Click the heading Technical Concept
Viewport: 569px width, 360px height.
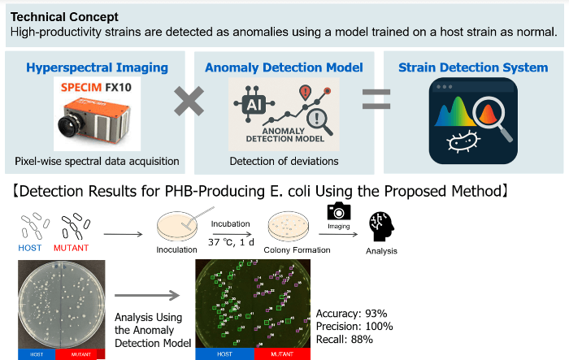click(x=64, y=16)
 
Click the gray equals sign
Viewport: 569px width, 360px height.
click(x=376, y=102)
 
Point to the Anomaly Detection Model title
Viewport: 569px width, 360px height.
click(x=284, y=67)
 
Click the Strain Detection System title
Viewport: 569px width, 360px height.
click(x=473, y=67)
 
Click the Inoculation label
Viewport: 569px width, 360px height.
click(x=176, y=249)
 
